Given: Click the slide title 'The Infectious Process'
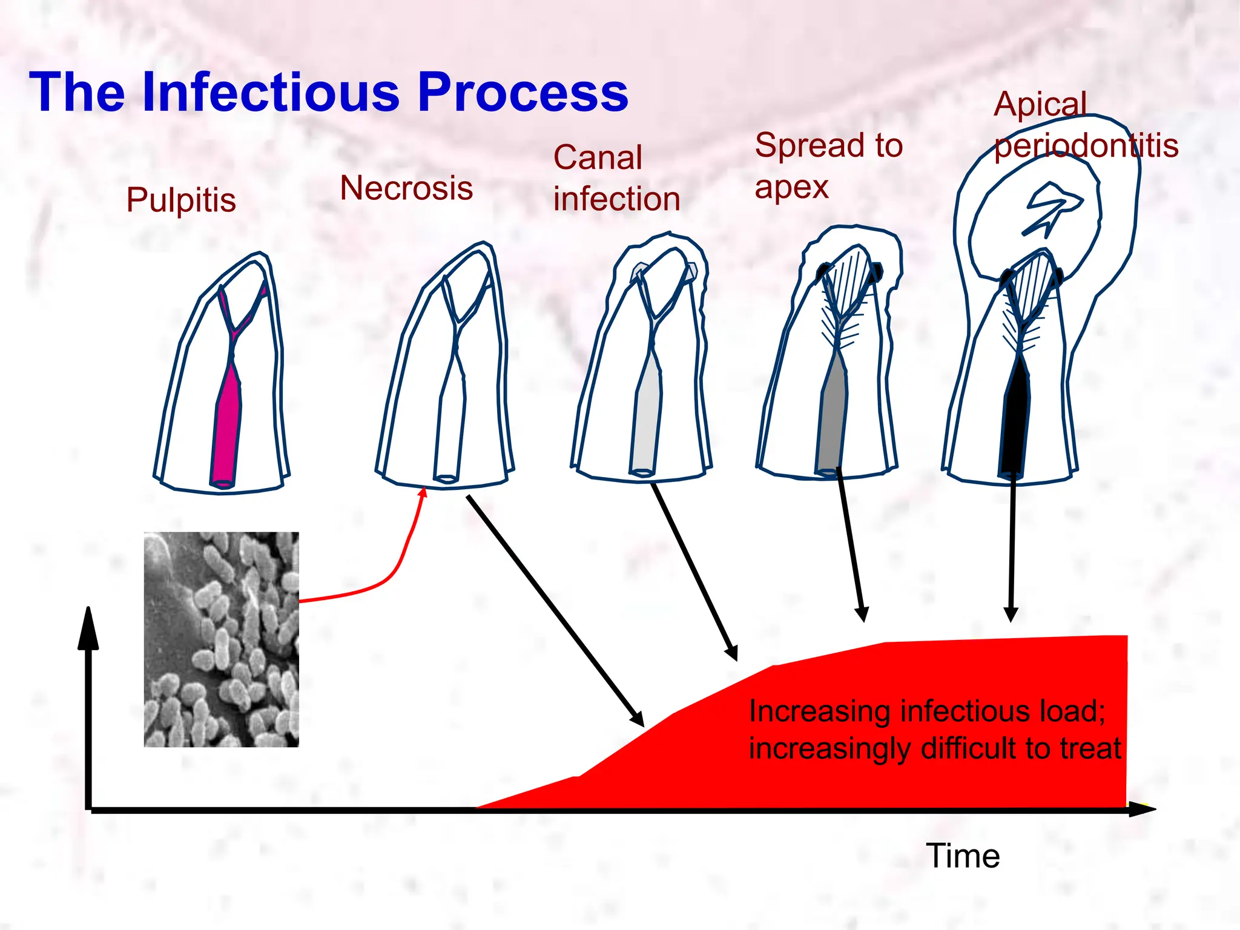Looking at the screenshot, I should pos(329,93).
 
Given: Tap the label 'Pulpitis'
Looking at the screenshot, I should pos(181,200).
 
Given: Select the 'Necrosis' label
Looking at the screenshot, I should pos(406,188).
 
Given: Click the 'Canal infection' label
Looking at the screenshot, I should pos(616,179).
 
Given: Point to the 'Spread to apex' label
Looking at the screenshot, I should pos(828,165).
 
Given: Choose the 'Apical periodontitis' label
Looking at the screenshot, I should pos(1086,125).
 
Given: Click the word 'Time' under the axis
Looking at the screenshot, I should pos(963,856).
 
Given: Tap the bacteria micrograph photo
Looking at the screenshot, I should pos(221,639).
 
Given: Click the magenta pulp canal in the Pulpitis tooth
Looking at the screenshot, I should pos(226,424).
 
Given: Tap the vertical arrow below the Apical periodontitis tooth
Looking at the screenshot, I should pos(1011,545).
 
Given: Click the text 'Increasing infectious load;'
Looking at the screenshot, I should pos(927,711).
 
